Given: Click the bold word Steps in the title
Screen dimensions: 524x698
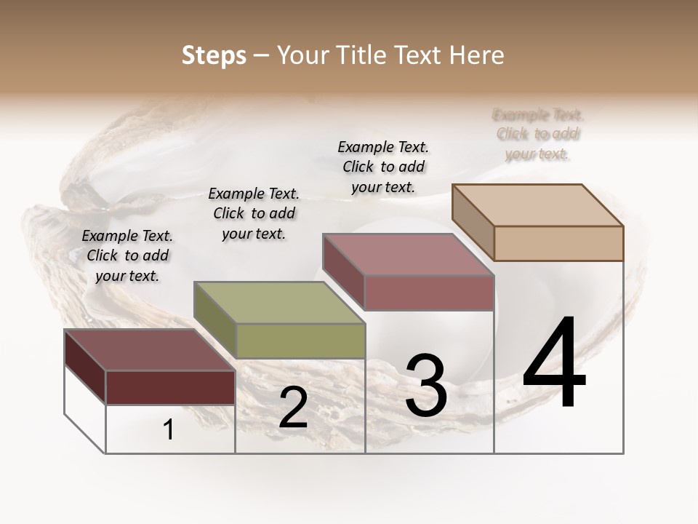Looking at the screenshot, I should [x=214, y=55].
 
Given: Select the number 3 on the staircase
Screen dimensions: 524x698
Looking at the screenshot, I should [x=426, y=386].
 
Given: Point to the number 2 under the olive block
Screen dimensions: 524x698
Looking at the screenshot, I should [x=293, y=408].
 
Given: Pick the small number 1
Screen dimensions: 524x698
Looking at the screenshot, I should [x=169, y=430].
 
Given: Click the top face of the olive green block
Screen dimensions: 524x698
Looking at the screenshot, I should [x=278, y=302].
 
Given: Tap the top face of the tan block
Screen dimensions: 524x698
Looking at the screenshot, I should [x=538, y=205].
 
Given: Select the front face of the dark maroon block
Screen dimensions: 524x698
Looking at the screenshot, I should [x=171, y=387].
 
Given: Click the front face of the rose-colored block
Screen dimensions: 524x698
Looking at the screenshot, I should [x=429, y=293].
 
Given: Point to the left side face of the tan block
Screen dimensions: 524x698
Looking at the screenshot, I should [x=473, y=221].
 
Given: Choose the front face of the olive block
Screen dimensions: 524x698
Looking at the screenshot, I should [x=300, y=341].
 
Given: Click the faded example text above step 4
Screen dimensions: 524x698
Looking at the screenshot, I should [x=538, y=135].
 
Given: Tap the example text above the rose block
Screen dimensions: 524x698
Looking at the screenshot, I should [x=383, y=167].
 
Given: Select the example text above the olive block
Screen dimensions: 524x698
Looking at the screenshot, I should [x=254, y=213].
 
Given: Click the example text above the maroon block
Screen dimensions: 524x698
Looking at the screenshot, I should [x=127, y=255].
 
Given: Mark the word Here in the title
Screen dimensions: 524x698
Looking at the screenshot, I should [x=476, y=55].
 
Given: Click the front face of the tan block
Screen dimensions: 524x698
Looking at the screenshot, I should [x=558, y=243].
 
